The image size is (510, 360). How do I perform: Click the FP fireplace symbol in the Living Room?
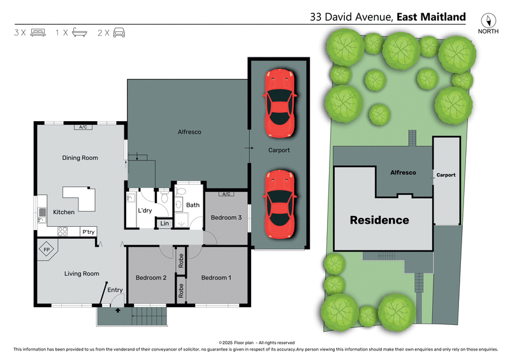click(x=47, y=250)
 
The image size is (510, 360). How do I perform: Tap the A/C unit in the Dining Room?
click(x=84, y=127)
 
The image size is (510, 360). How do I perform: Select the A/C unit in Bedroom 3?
click(x=226, y=194)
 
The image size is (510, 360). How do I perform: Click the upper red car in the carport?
click(x=280, y=103)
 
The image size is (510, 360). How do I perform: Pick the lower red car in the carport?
click(x=280, y=204)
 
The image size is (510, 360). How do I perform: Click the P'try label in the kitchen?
click(x=89, y=232)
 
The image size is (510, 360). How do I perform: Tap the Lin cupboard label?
click(x=164, y=223)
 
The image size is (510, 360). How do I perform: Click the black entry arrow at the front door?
click(x=118, y=310)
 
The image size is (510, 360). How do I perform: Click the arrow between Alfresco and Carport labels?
click(x=249, y=148)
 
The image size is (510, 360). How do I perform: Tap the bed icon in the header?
click(x=38, y=32)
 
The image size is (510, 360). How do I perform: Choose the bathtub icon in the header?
click(x=80, y=32)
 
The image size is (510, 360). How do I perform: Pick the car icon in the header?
click(x=119, y=32)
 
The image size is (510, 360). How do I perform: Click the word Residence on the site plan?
click(x=379, y=220)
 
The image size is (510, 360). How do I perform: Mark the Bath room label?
click(x=193, y=205)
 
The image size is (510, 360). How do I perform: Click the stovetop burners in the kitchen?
click(x=62, y=231)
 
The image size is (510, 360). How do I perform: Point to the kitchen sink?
click(x=42, y=215)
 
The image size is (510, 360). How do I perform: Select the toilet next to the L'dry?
click(x=164, y=196)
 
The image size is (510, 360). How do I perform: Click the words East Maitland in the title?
click(x=432, y=17)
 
